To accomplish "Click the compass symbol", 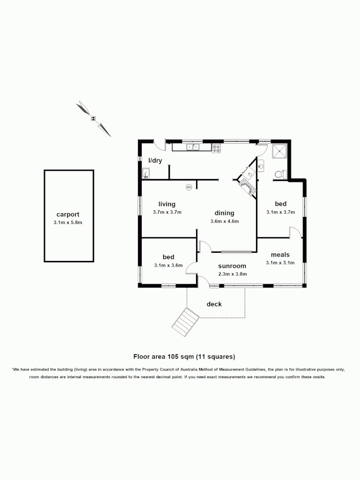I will tap(93, 118).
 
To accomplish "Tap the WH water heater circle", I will tap(189, 187).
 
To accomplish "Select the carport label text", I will tap(68, 215).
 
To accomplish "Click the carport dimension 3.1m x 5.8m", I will tap(68, 223).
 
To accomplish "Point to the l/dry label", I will tap(155, 160).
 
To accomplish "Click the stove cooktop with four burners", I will tap(216, 148).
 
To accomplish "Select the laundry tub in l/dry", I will tap(146, 173).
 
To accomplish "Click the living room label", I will tap(167, 204).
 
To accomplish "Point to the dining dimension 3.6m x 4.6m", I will tap(224, 221).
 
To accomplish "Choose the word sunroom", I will tap(229, 266).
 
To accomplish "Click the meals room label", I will tap(280, 255).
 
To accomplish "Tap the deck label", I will tap(214, 304).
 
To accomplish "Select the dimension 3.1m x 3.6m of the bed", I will tap(168, 265).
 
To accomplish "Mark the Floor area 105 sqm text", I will tap(184, 356).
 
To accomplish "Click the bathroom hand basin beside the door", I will tap(261, 165).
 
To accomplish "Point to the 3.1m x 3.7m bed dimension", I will tap(280, 212).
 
